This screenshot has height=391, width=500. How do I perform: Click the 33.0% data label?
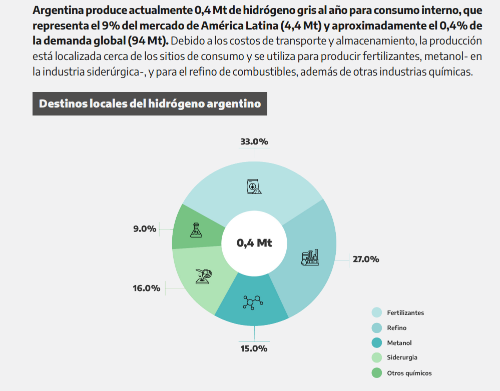click(254, 141)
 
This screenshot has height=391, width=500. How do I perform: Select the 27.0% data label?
click(366, 259)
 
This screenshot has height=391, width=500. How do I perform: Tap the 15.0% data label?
click(254, 348)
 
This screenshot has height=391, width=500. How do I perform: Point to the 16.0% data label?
click(146, 288)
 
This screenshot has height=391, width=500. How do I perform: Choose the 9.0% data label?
click(145, 229)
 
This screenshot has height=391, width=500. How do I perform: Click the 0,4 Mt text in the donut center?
click(254, 243)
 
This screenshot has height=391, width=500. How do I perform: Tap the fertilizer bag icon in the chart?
click(254, 186)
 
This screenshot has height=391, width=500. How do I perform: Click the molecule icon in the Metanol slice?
click(253, 301)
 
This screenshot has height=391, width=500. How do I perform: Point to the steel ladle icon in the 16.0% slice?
click(204, 276)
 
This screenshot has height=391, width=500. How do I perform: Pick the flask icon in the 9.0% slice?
click(196, 230)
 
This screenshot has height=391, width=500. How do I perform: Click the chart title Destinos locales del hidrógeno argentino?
click(150, 103)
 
